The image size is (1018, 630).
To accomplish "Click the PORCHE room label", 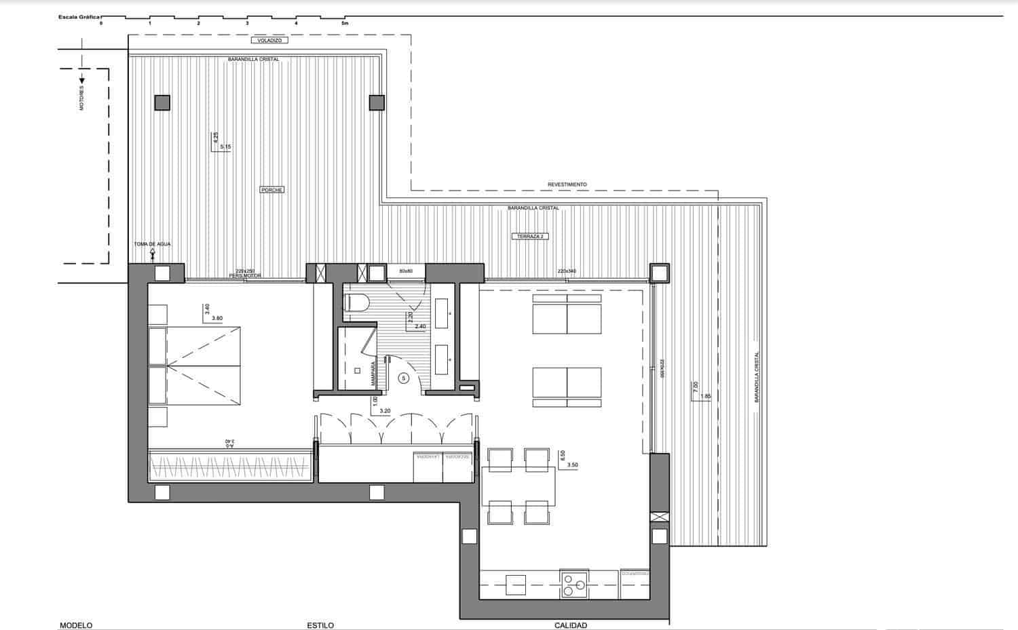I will pos(271,190).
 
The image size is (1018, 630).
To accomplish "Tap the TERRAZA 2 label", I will pos(530,237).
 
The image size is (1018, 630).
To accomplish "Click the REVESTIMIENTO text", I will pos(567,184).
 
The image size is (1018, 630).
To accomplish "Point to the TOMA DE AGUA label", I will pos(152,244).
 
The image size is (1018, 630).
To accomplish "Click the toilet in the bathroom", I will pos(357,302).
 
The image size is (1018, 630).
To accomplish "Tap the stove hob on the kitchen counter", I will pos(575,583).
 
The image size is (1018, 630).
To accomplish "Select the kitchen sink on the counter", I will pos(515,584).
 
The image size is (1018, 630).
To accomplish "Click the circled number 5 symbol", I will pos(403,378).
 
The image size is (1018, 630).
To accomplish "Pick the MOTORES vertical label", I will pos(82,98).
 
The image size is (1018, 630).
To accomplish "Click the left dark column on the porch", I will pos(162,102).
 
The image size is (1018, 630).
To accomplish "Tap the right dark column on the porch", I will pos(377,102).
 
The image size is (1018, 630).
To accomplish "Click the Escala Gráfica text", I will pos(79,16).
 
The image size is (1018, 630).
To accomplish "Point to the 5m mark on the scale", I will pos(344,23).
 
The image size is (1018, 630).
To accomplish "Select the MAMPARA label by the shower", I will pos(374,373).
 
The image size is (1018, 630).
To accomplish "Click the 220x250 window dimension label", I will pos(244,271).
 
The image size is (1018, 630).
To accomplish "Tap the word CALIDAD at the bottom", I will pos(570,625).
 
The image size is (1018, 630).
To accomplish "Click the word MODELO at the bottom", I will pos(76,625).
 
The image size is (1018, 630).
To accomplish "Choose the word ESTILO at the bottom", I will pos(320,625).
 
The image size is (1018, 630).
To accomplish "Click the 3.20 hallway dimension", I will pos(385,411).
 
